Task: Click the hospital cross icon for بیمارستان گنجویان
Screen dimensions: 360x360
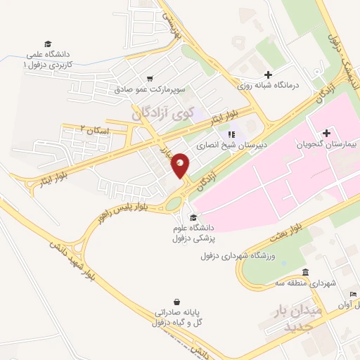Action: tap(327, 132)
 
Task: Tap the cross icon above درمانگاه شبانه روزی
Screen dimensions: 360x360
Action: tap(267, 75)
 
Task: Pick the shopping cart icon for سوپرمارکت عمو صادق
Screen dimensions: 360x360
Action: tap(150, 79)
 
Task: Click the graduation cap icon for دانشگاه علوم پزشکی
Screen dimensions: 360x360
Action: tap(194, 217)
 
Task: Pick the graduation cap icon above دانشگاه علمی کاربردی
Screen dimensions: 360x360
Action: tap(48, 44)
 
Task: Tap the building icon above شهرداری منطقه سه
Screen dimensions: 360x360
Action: tap(304, 272)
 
